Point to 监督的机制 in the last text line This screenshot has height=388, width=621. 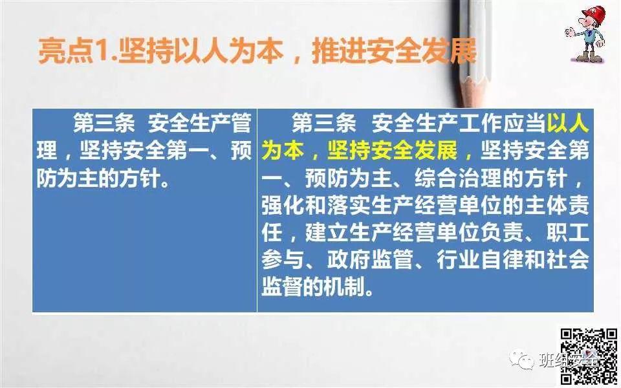[317, 286]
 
